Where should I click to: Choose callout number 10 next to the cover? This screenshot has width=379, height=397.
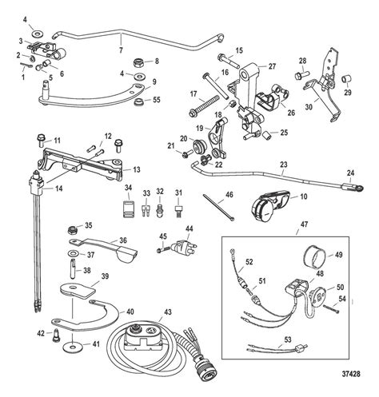click(x=302, y=196)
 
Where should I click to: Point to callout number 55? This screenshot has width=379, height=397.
click(x=156, y=101)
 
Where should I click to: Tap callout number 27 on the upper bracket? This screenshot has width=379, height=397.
click(x=272, y=66)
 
